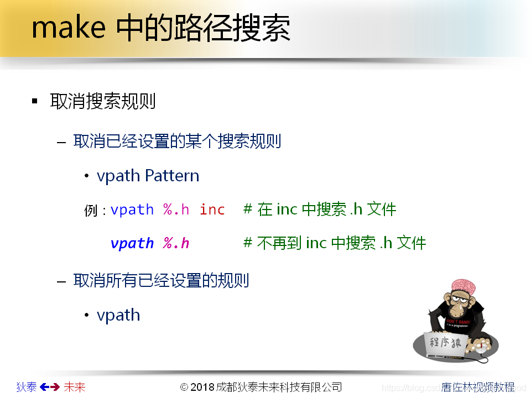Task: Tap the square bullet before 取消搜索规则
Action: pyautogui.click(x=35, y=101)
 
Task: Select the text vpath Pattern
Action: pyautogui.click(x=148, y=176)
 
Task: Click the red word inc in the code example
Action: pyautogui.click(x=212, y=210)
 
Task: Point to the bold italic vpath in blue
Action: pyautogui.click(x=132, y=243)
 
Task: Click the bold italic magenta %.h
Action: pyautogui.click(x=176, y=243)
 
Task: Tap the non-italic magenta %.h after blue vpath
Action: pyautogui.click(x=176, y=210)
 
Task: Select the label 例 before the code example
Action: pyautogui.click(x=91, y=211)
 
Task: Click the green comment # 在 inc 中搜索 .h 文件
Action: pyautogui.click(x=320, y=210)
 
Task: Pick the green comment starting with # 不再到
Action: pyautogui.click(x=335, y=243)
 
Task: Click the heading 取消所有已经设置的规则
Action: pyautogui.click(x=161, y=280)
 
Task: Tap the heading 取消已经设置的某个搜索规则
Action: pyautogui.click(x=177, y=141)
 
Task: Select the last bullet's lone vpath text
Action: pyautogui.click(x=118, y=315)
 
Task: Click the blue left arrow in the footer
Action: pyautogui.click(x=44, y=387)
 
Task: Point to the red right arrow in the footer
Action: pyautogui.click(x=55, y=387)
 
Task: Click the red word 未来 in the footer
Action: pyautogui.click(x=75, y=387)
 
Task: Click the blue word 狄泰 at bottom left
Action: pyautogui.click(x=27, y=387)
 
